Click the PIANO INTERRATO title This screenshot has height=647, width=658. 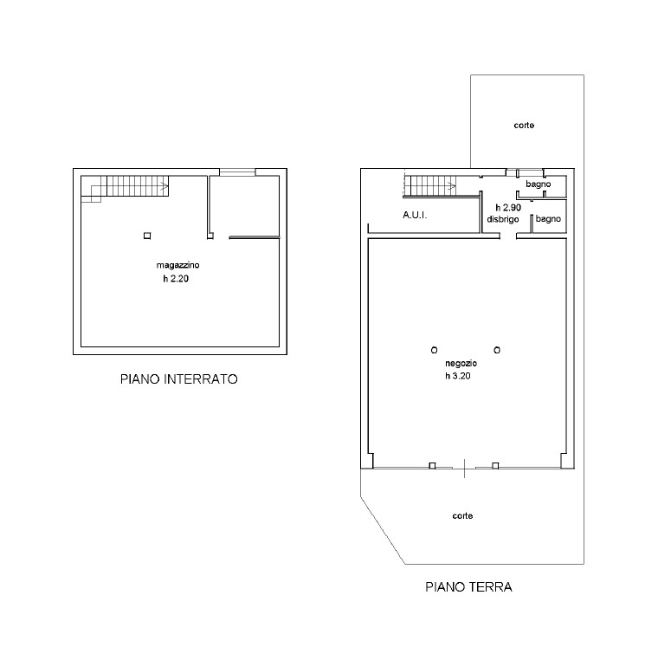[178, 379]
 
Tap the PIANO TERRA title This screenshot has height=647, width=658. [468, 586]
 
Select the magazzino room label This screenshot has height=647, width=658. [178, 265]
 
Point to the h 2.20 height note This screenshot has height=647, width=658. [176, 278]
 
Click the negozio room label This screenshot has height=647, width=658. [461, 363]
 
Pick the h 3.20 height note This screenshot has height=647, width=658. [458, 376]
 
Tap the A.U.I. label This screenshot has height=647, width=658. [415, 215]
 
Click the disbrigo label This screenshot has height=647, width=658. [503, 219]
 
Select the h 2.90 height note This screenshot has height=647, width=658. [508, 207]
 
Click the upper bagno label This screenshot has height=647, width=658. [538, 184]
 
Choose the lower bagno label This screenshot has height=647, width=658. [548, 219]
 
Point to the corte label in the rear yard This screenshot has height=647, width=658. [524, 125]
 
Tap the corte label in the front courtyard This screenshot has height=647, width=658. [462, 515]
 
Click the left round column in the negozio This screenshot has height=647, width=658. [435, 350]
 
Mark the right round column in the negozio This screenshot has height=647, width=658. [497, 350]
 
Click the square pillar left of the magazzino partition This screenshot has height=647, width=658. [147, 236]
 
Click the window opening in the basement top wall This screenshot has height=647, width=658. [237, 172]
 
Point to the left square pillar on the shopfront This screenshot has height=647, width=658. [432, 465]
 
